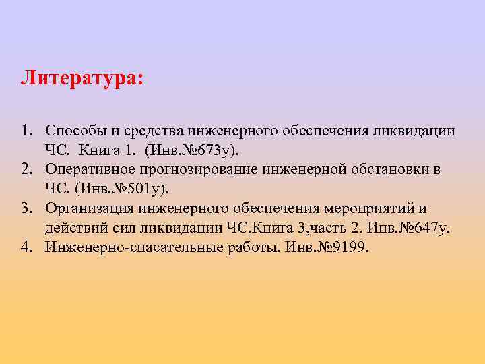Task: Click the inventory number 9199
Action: click(x=348, y=247)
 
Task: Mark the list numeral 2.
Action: click(x=25, y=169)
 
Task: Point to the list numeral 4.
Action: click(x=25, y=247)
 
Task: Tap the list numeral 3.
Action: click(x=25, y=208)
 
